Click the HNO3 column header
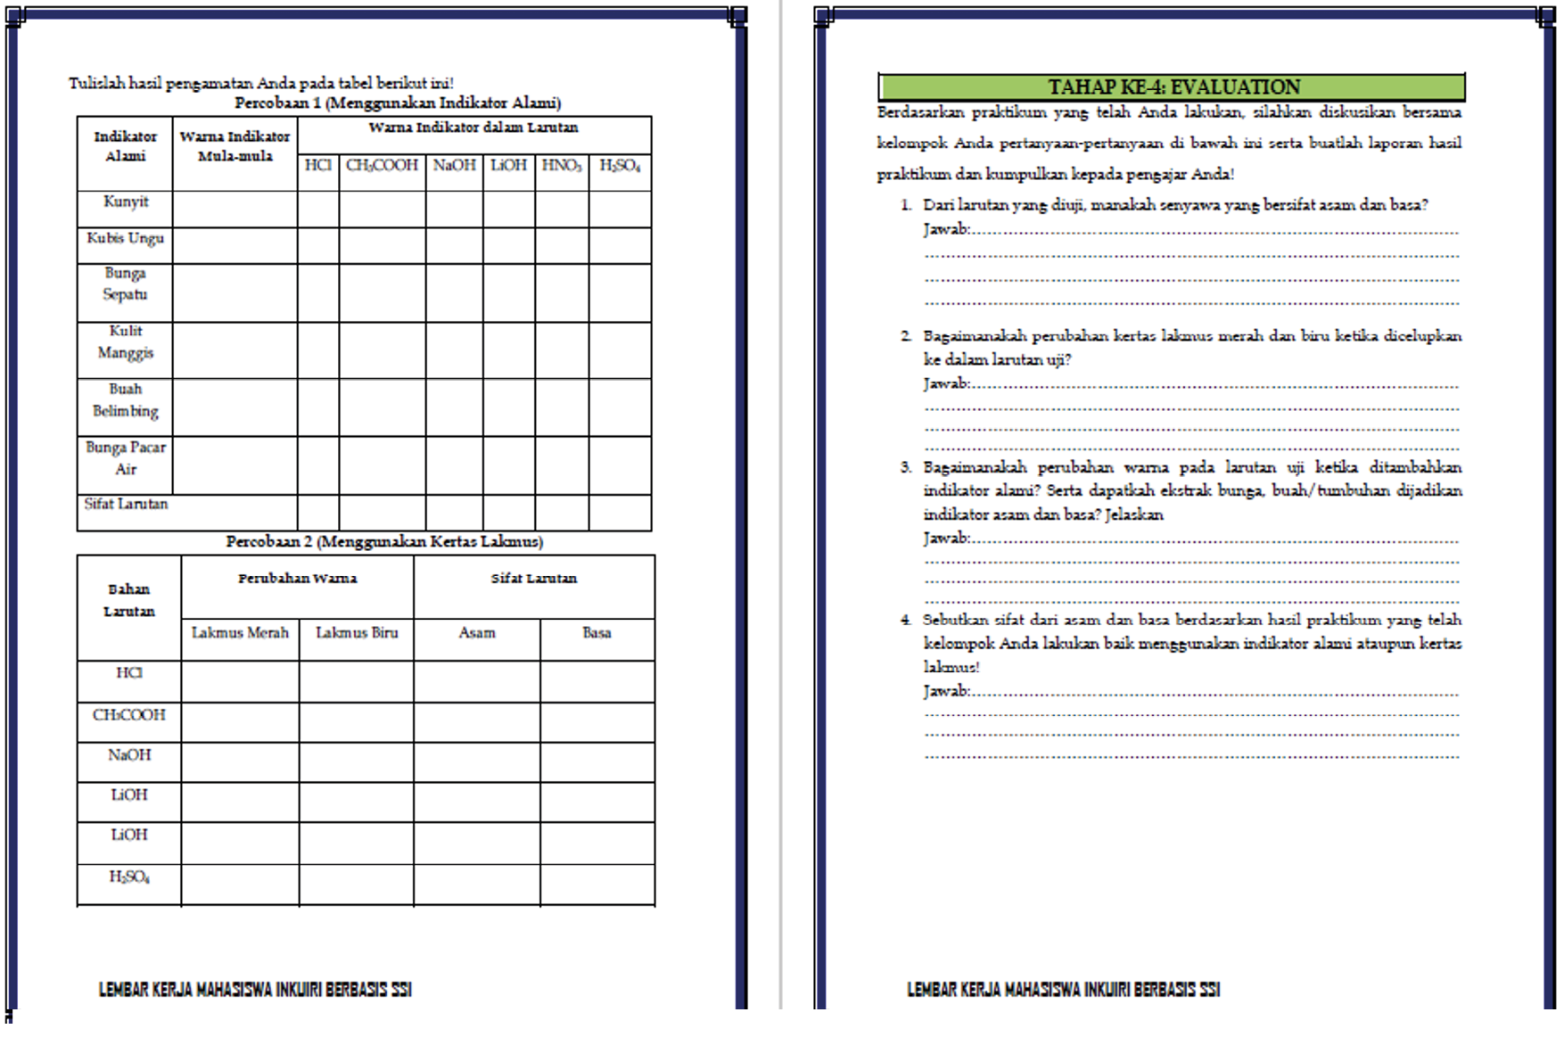(x=562, y=166)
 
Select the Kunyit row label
(x=126, y=202)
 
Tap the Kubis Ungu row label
(x=126, y=238)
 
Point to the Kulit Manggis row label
(x=126, y=342)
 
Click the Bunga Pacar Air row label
(x=126, y=458)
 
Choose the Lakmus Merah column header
(x=240, y=633)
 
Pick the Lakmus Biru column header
(x=357, y=633)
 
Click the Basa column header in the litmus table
(x=597, y=633)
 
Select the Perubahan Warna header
(x=297, y=579)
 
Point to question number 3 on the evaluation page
(x=906, y=467)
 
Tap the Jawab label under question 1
(x=946, y=229)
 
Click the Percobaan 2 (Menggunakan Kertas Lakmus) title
(x=384, y=541)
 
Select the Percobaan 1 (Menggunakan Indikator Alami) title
(x=398, y=103)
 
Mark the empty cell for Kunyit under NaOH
(x=455, y=210)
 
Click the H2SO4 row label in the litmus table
(x=129, y=877)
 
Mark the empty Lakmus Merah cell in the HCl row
(x=240, y=681)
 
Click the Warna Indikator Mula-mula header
(x=235, y=146)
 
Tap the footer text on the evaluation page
(x=1063, y=989)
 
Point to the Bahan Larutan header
(x=129, y=600)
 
